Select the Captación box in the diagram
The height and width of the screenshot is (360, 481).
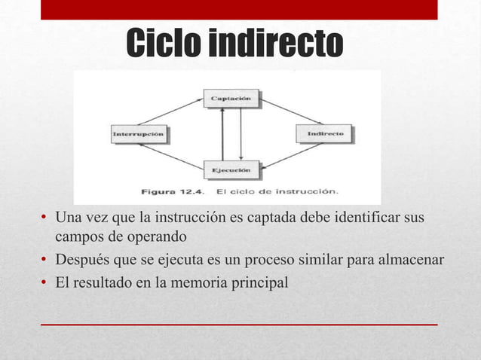pyautogui.click(x=231, y=98)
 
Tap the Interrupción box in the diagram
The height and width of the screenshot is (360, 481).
pyautogui.click(x=141, y=134)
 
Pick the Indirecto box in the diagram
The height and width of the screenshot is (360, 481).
pyautogui.click(x=325, y=133)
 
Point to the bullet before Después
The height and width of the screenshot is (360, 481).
pyautogui.click(x=44, y=261)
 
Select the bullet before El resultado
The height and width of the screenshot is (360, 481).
pyautogui.click(x=44, y=283)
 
